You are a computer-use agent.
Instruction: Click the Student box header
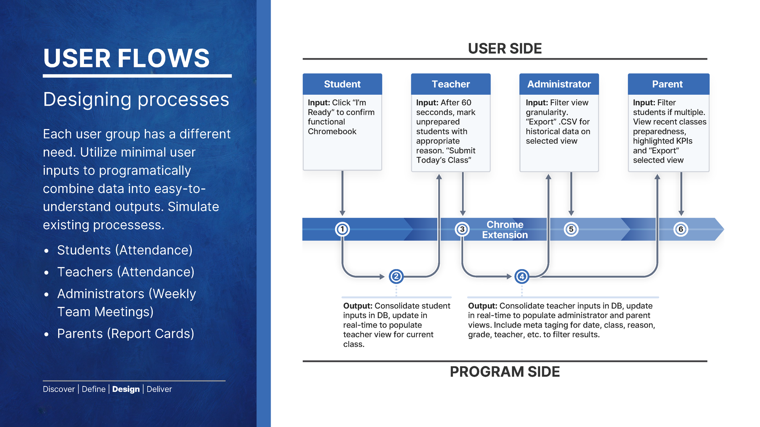point(342,84)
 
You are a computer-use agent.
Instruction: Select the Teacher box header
point(451,84)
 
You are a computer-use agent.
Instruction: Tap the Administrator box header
point(559,84)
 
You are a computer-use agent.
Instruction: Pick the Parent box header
point(667,84)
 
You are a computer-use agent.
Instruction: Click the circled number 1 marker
point(343,229)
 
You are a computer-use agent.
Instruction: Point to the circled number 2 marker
point(396,276)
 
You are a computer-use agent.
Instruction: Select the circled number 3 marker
point(462,229)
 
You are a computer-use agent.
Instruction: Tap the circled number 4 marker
point(522,276)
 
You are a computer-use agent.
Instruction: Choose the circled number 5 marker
point(571,229)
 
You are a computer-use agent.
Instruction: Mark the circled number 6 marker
point(681,229)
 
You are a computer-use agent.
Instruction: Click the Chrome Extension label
point(505,230)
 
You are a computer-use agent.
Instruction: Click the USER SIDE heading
point(505,49)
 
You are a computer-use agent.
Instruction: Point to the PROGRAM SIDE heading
point(505,372)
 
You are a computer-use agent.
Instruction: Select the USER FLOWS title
point(127,58)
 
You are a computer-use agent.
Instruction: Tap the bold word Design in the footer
point(126,389)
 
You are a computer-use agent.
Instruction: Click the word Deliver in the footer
point(159,389)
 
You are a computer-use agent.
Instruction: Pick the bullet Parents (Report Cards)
point(125,334)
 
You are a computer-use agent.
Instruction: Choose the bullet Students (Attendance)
point(125,250)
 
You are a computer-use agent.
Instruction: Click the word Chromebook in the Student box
point(332,131)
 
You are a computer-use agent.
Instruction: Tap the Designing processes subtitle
point(136,99)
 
